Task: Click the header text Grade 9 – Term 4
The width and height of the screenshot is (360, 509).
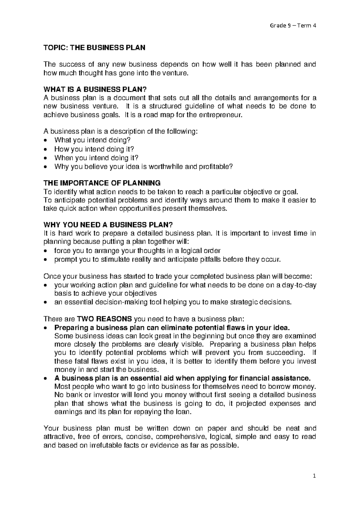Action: click(x=293, y=26)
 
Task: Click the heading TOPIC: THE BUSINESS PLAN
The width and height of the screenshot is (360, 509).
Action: click(x=94, y=47)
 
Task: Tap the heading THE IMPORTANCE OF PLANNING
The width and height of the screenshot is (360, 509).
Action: click(x=102, y=183)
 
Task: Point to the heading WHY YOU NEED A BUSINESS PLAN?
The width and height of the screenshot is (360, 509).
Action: click(x=108, y=225)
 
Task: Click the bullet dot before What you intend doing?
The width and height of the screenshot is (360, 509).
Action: click(x=45, y=140)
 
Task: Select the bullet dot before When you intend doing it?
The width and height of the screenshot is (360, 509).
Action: click(x=45, y=158)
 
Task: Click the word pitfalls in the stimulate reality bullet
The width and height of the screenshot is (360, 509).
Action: click(x=211, y=259)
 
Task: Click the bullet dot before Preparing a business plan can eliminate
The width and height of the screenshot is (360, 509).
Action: click(x=45, y=328)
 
